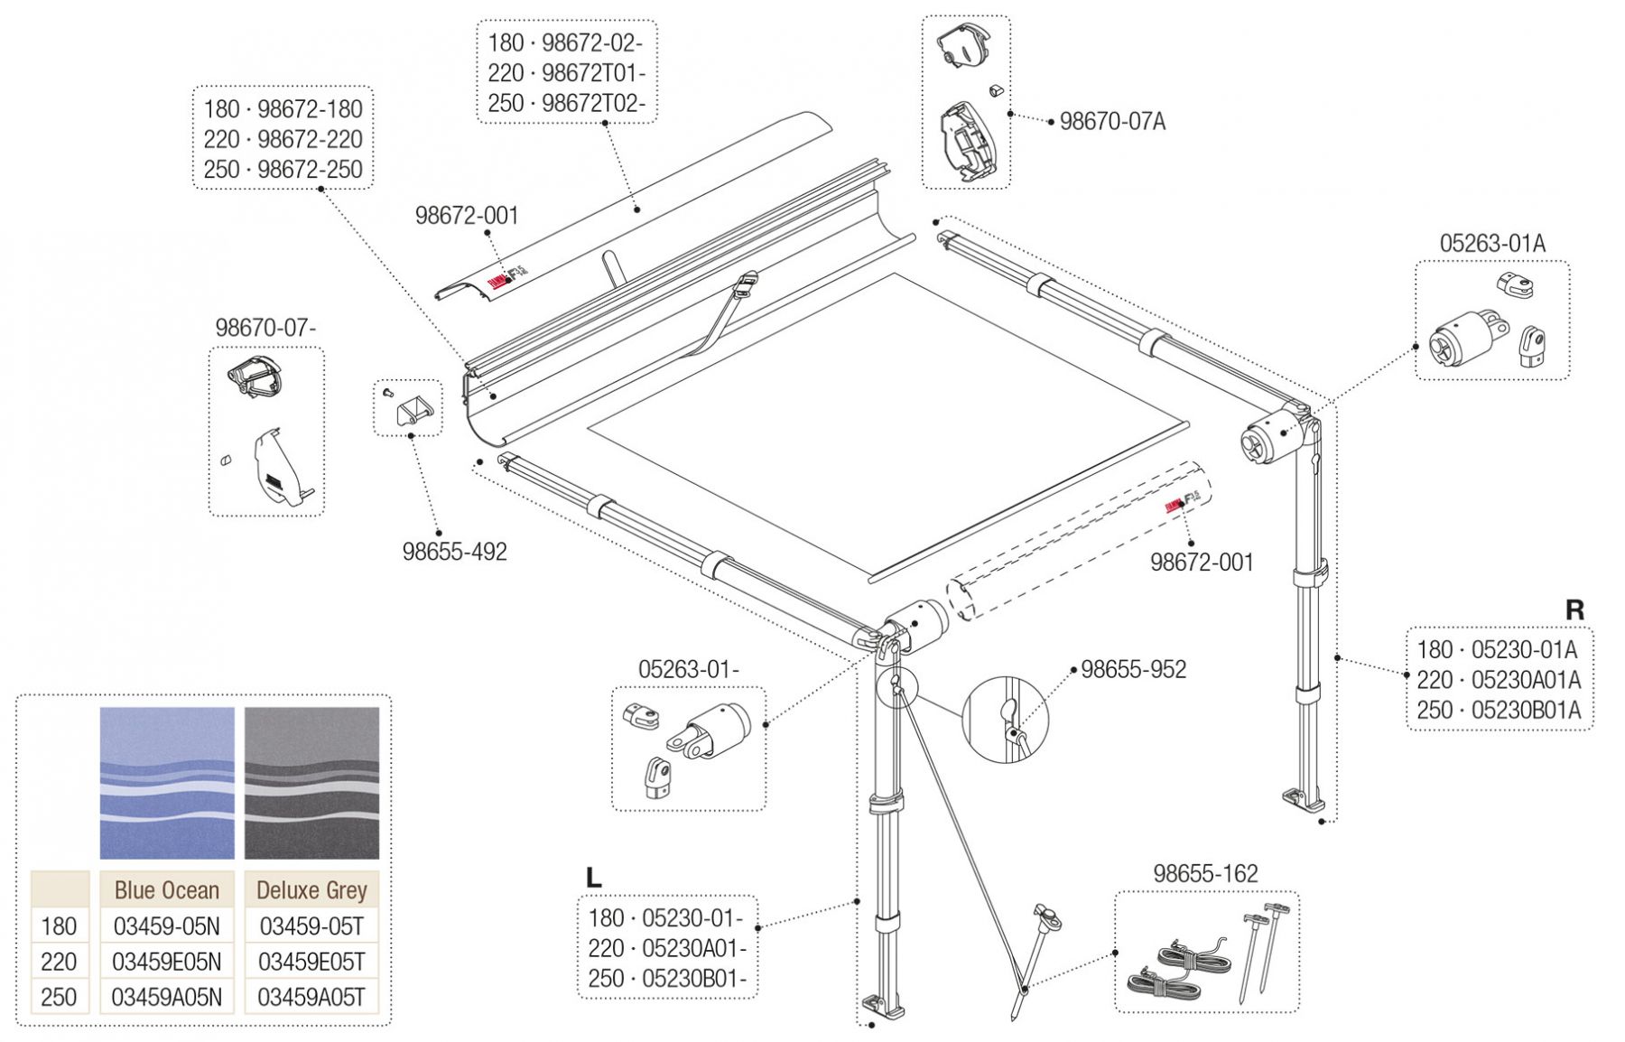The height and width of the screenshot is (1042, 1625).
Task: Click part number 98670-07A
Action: [1111, 121]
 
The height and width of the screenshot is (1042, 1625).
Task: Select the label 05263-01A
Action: [1491, 243]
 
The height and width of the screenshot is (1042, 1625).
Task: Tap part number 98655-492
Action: [454, 551]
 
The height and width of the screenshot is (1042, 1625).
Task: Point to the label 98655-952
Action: [1133, 669]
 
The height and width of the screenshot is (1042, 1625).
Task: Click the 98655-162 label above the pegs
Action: [1204, 873]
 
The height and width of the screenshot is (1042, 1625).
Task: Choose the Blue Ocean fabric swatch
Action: [167, 782]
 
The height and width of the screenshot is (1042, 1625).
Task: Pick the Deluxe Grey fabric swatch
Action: [311, 782]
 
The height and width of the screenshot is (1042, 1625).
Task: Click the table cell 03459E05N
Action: [167, 962]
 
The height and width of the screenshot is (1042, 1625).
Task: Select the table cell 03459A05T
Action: [311, 997]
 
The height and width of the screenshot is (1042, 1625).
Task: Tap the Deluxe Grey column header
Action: [311, 890]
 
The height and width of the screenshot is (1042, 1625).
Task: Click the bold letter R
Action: [1574, 610]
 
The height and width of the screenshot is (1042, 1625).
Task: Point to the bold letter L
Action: [593, 878]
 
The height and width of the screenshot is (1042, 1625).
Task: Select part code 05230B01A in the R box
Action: [1526, 711]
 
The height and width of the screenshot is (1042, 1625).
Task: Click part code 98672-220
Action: [310, 139]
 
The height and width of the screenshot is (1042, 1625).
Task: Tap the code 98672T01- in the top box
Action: [593, 73]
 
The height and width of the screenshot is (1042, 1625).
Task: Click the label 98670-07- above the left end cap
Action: [265, 328]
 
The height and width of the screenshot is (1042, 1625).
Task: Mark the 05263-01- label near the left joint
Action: [688, 669]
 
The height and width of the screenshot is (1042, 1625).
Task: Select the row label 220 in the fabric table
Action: [59, 962]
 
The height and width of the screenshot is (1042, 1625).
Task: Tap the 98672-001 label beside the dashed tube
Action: [1201, 563]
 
